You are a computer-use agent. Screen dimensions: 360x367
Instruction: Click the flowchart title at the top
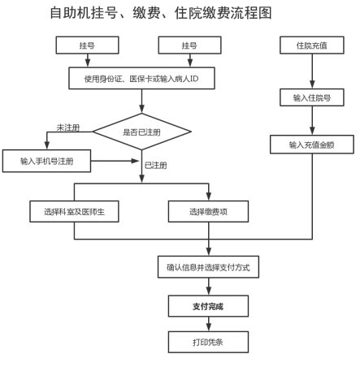click(161, 13)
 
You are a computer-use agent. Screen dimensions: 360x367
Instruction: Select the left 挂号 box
click(87, 45)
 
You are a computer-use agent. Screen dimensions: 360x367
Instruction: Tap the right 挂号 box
click(189, 45)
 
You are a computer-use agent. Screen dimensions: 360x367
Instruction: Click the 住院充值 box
click(312, 45)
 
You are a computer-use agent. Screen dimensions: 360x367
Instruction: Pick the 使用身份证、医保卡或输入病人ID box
click(141, 79)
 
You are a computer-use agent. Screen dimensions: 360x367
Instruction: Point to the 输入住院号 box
click(312, 97)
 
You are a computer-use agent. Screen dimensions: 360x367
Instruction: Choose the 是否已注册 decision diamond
click(141, 132)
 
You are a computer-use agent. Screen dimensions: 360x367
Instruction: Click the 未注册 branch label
click(68, 127)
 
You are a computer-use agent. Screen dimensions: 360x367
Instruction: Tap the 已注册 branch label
click(155, 165)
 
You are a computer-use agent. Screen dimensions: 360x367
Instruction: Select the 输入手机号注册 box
click(46, 161)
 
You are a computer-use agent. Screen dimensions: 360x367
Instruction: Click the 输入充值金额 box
click(312, 145)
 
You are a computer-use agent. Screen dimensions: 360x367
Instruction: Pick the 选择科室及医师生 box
click(74, 211)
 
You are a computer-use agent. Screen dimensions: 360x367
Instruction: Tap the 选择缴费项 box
click(208, 211)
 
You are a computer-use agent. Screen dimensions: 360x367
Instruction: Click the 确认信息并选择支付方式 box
click(208, 267)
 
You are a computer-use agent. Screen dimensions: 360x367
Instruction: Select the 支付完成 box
click(208, 306)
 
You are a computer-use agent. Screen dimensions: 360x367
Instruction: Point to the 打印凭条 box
click(208, 342)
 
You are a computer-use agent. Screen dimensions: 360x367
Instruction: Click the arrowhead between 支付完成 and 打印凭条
click(209, 327)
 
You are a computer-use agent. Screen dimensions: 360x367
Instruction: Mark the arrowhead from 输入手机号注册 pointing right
click(135, 161)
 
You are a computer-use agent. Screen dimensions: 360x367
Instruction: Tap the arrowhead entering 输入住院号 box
click(312, 84)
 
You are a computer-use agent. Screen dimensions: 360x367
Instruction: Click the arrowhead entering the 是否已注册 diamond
click(141, 109)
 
